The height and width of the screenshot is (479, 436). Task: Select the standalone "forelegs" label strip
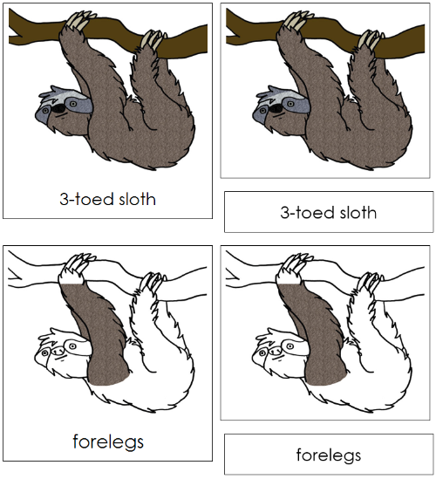click(x=328, y=454)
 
